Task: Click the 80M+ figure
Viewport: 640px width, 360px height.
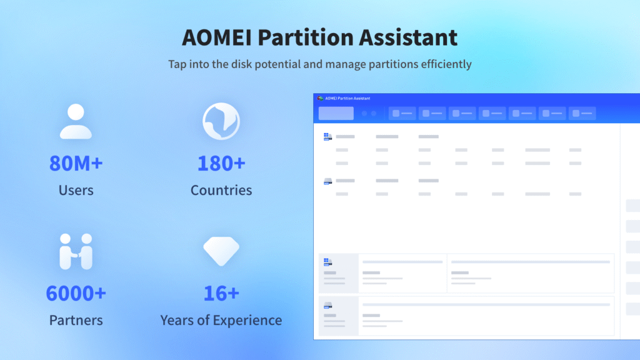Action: (76, 164)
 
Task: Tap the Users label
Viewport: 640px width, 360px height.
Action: (76, 190)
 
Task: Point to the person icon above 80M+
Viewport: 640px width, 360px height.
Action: (76, 121)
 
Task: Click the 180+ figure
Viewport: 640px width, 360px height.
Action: (221, 164)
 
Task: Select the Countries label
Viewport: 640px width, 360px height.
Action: (221, 190)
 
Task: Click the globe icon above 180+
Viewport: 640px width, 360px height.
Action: (221, 121)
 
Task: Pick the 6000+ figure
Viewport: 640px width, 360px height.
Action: (76, 292)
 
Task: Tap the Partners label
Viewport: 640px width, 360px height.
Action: (76, 320)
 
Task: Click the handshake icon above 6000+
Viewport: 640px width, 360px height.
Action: (76, 251)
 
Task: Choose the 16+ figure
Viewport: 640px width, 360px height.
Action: (221, 292)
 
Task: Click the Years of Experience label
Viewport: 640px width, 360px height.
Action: (221, 320)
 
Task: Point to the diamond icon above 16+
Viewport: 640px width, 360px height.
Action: (221, 251)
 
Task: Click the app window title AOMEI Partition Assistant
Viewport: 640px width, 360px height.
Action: (347, 98)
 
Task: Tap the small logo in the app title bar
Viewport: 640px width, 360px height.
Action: (319, 98)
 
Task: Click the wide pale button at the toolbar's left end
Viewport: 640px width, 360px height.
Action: (336, 113)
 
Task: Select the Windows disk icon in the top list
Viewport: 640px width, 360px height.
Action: (327, 136)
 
